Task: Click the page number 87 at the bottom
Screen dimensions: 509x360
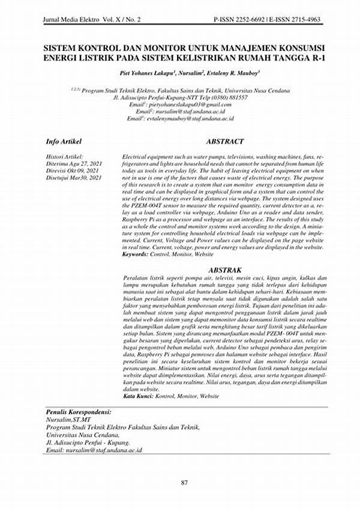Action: pos(184,483)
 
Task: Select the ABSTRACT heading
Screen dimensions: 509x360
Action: pos(225,142)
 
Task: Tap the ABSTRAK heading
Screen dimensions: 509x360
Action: pos(224,270)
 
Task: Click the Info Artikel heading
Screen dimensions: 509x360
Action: pos(65,142)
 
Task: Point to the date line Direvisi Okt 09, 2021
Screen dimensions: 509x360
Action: pos(74,171)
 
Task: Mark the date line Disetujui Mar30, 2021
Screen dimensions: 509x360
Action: pos(74,178)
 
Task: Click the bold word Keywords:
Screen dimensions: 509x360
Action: pos(134,255)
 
